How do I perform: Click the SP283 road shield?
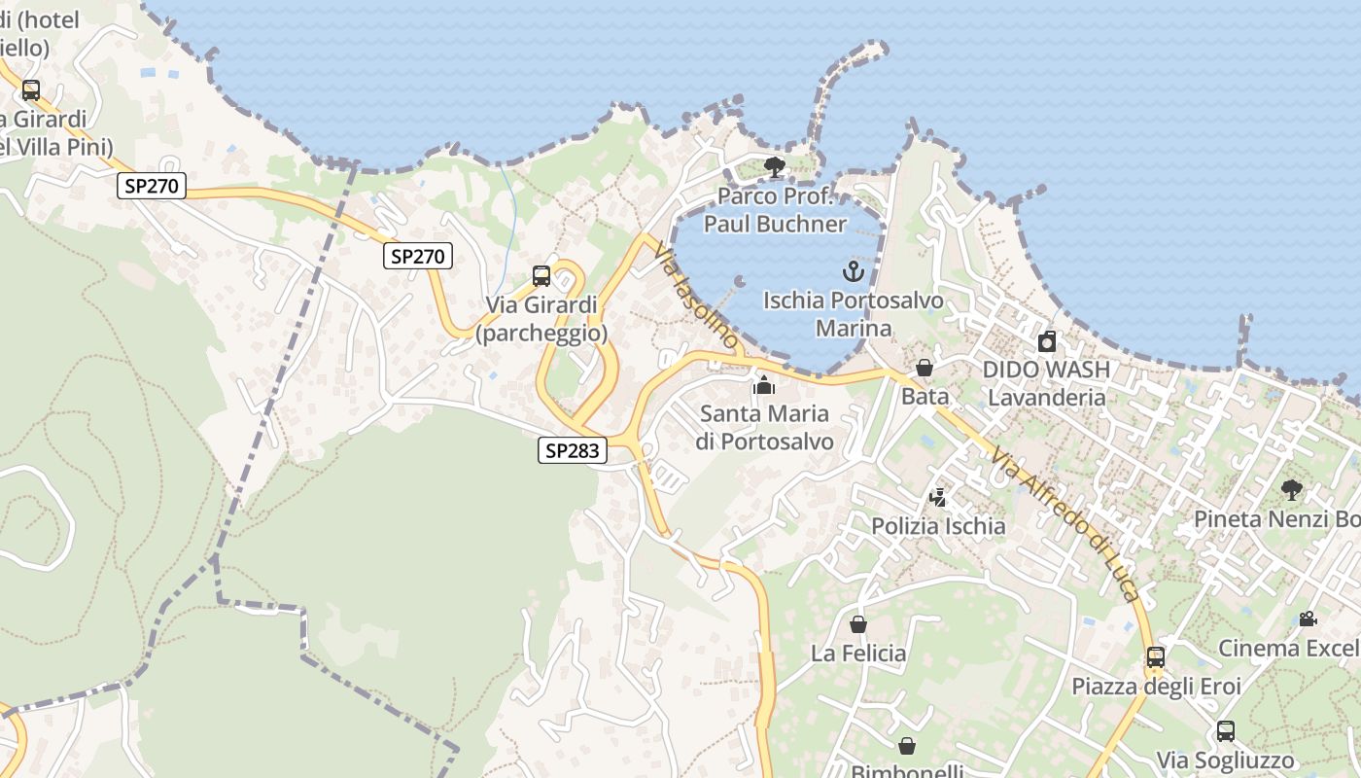pyautogui.click(x=573, y=450)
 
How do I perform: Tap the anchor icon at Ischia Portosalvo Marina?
pyautogui.click(x=854, y=271)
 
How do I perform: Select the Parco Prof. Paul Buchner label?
pyautogui.click(x=775, y=210)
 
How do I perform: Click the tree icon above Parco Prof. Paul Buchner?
pyautogui.click(x=775, y=167)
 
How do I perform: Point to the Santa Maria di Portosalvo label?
pyautogui.click(x=764, y=428)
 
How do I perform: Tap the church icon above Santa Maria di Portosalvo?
pyautogui.click(x=764, y=385)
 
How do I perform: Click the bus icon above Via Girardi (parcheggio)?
pyautogui.click(x=541, y=276)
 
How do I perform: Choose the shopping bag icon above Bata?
pyautogui.click(x=925, y=368)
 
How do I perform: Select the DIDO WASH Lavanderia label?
pyautogui.click(x=1046, y=383)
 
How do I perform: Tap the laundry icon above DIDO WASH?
pyautogui.click(x=1047, y=341)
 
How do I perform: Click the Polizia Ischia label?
pyautogui.click(x=938, y=526)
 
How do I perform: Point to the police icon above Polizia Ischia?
pyautogui.click(x=938, y=498)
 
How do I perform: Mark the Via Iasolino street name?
pyautogui.click(x=697, y=296)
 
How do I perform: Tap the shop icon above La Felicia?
pyautogui.click(x=858, y=624)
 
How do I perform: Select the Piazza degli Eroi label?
pyautogui.click(x=1156, y=687)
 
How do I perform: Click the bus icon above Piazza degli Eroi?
pyautogui.click(x=1156, y=657)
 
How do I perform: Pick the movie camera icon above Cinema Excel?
pyautogui.click(x=1309, y=619)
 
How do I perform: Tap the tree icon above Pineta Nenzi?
pyautogui.click(x=1292, y=489)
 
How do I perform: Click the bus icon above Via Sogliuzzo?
pyautogui.click(x=1226, y=731)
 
